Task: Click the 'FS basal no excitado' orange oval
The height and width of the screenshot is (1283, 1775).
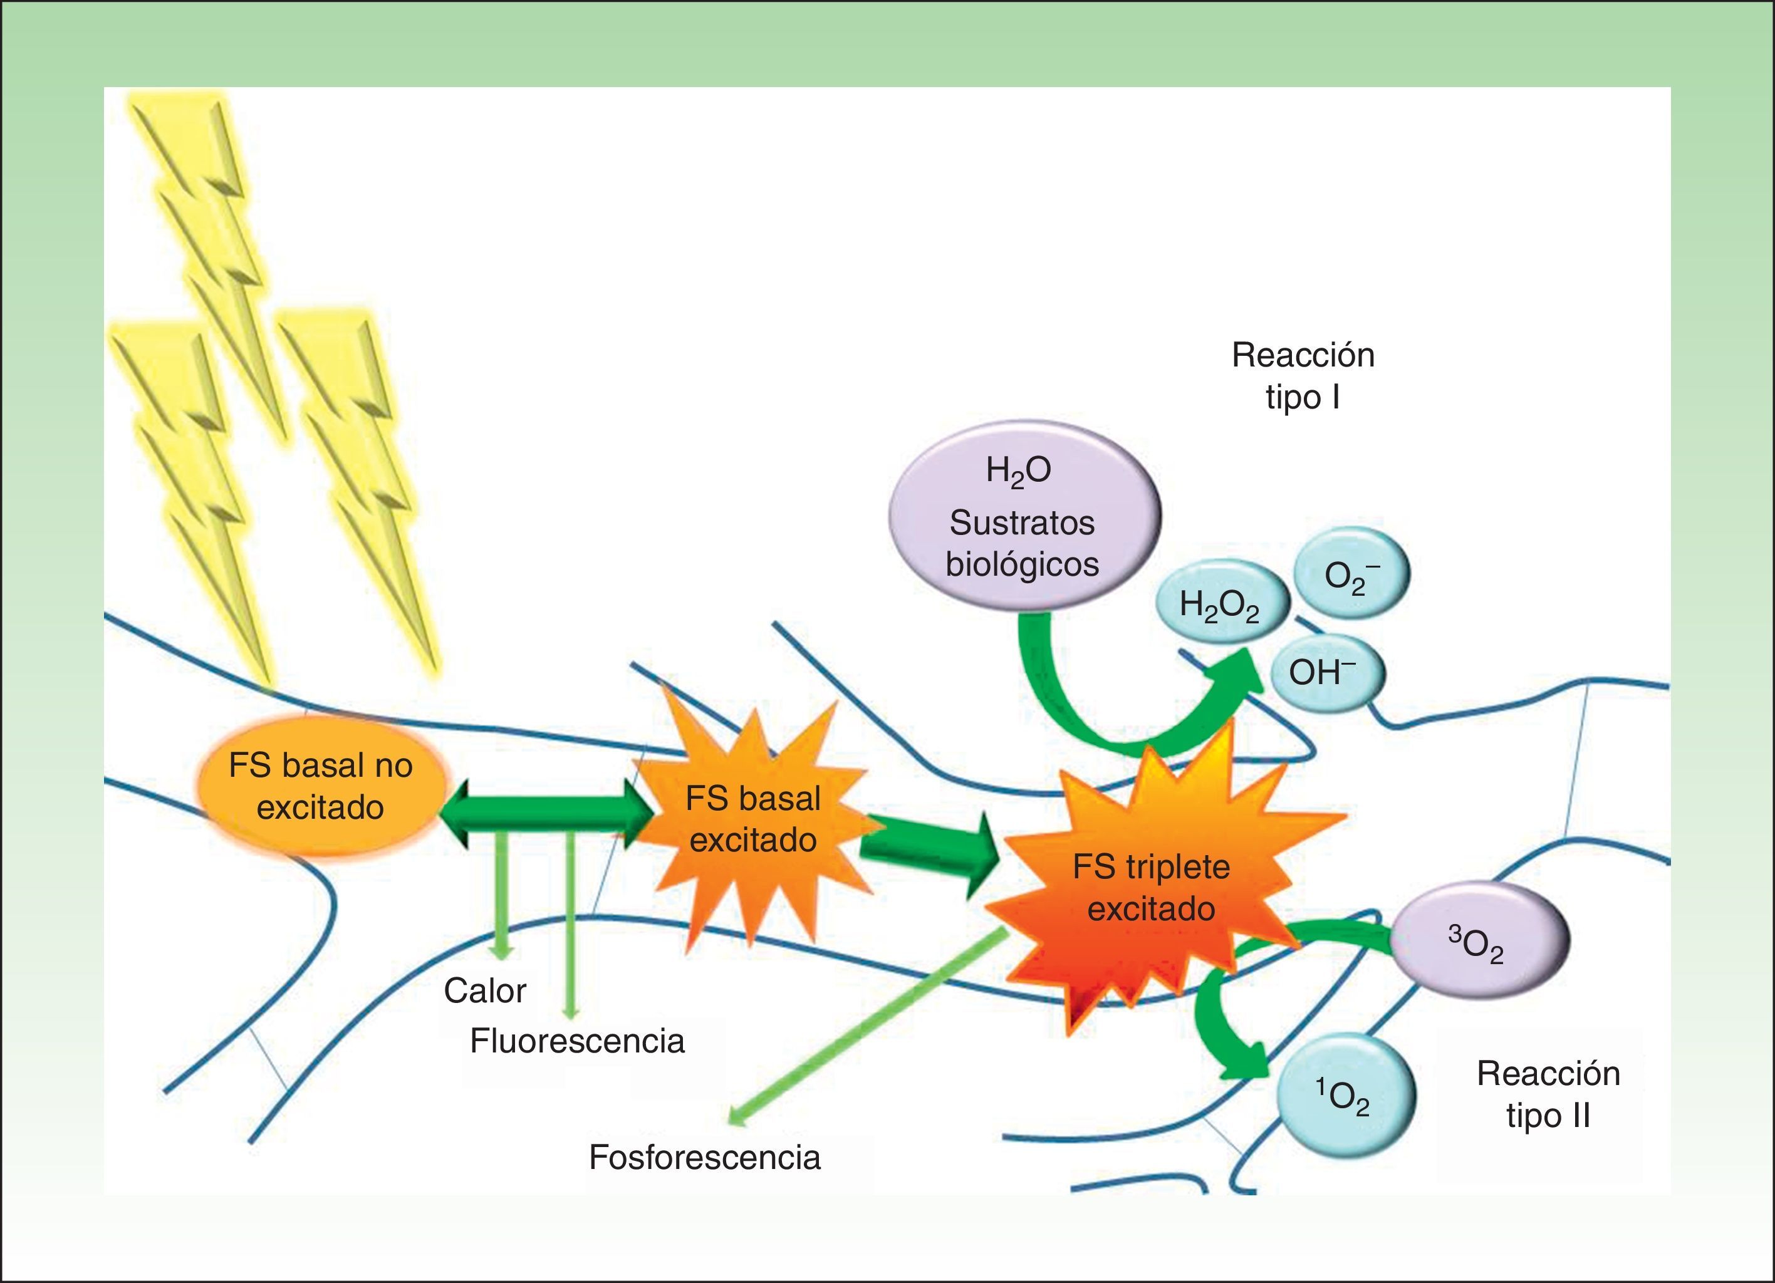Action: (321, 787)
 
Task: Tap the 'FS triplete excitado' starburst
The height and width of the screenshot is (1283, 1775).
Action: (1150, 888)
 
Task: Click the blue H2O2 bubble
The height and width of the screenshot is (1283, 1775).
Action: (1219, 605)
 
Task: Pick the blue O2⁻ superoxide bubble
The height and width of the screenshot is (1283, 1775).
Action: (1351, 575)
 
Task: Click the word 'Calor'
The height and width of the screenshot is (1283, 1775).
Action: (484, 991)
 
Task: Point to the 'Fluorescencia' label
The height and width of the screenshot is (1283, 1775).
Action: (577, 1041)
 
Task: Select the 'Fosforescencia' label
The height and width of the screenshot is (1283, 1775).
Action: (704, 1158)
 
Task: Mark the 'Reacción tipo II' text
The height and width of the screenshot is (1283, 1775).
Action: (1548, 1095)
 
